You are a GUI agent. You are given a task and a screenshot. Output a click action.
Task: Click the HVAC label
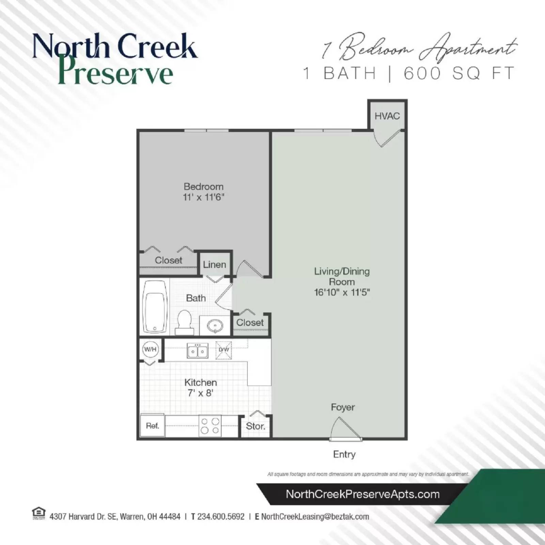pos(387,116)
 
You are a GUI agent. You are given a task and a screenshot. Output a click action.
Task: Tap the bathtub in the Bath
pos(155,307)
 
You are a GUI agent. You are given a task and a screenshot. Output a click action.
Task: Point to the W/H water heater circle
pos(150,349)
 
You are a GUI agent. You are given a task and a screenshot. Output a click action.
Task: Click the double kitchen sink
pos(198,351)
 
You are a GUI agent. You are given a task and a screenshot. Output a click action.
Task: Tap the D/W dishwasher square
pos(224,350)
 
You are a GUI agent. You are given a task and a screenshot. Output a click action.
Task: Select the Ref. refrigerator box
pos(152,426)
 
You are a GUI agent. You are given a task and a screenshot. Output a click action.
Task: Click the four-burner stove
pos(210,426)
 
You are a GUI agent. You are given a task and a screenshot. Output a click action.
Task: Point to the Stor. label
pos(255,426)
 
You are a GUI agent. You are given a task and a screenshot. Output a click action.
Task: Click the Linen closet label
pos(215,265)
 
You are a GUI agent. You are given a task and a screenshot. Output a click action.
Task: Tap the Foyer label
pos(343,407)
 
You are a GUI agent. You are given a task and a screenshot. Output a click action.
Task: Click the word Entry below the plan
pos(344,454)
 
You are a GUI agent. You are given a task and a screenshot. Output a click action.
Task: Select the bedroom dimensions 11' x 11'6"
pos(204,197)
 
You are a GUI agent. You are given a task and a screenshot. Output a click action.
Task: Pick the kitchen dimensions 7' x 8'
pos(200,393)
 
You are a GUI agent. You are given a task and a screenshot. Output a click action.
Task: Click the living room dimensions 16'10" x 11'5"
pos(342,293)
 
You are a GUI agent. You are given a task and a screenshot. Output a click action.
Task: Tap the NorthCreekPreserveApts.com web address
pos(363,494)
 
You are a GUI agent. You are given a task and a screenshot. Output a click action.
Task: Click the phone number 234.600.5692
pos(221,517)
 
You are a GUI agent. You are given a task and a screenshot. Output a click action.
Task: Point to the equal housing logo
pos(38,513)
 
